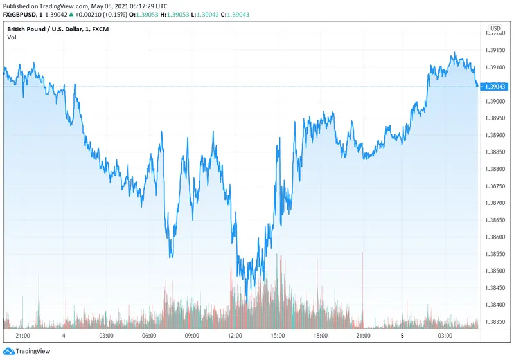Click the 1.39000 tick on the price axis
click(x=495, y=101)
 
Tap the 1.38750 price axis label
click(x=495, y=186)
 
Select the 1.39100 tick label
click(x=495, y=67)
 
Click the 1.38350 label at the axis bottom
click(x=495, y=321)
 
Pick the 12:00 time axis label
click(x=235, y=336)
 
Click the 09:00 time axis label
click(x=191, y=336)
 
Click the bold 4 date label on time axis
click(x=64, y=336)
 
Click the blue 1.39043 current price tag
click(x=495, y=86)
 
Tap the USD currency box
click(x=495, y=28)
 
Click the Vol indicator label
click(x=12, y=37)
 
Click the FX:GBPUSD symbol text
click(x=19, y=15)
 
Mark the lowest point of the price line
click(x=247, y=297)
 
